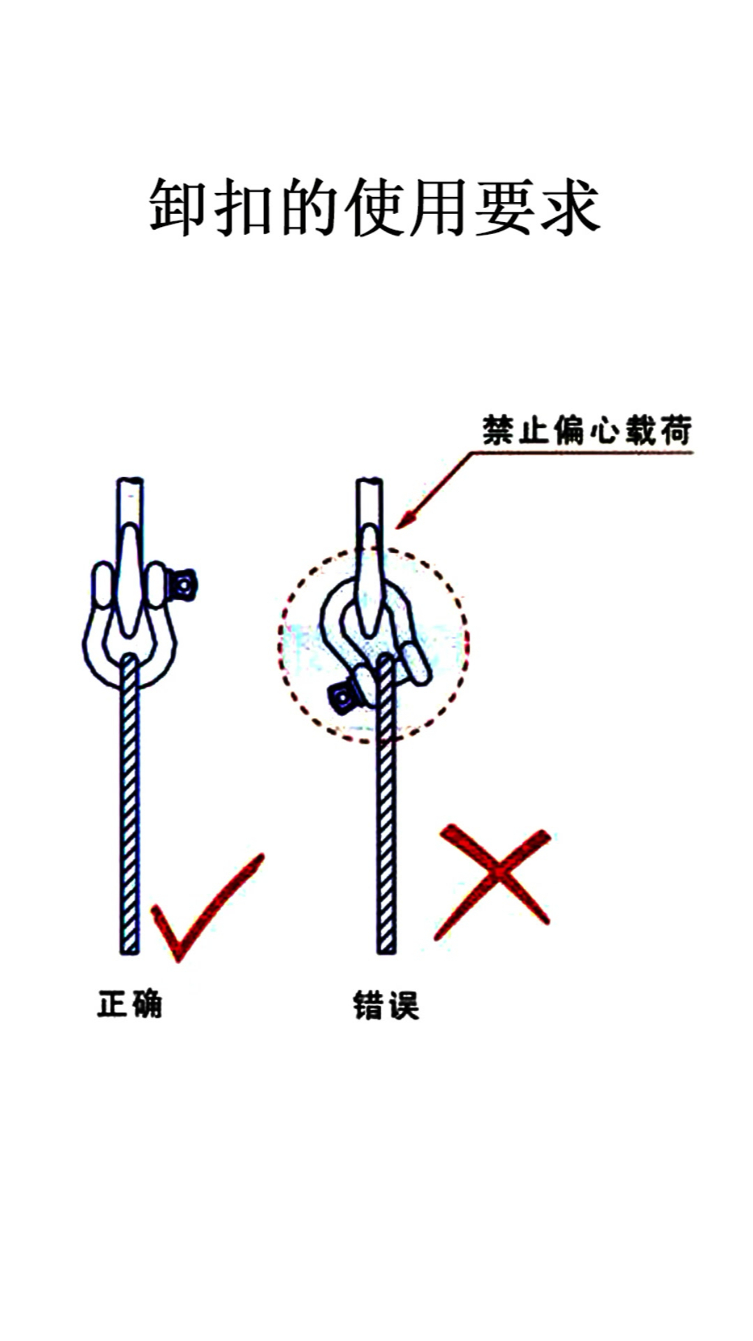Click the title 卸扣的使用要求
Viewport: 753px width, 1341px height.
[x=375, y=207]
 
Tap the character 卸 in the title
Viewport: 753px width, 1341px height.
[x=177, y=207]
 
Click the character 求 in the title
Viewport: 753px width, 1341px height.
[x=570, y=207]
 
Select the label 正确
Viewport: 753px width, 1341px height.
[x=129, y=1004]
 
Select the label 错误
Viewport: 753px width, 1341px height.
[x=386, y=1006]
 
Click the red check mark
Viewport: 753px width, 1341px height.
[x=203, y=908]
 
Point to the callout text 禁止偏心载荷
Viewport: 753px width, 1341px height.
[x=587, y=430]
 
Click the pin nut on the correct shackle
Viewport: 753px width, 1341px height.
[x=183, y=585]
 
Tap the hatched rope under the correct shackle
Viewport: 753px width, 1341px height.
[x=130, y=803]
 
